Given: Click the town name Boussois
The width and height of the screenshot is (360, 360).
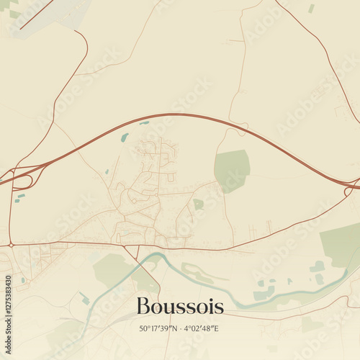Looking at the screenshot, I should tap(179, 307).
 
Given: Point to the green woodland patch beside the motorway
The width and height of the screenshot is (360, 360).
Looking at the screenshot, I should tap(232, 170).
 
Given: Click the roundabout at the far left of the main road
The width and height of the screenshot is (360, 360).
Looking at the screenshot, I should tap(11, 246).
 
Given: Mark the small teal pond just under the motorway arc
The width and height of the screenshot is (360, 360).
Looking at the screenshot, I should tap(125, 137).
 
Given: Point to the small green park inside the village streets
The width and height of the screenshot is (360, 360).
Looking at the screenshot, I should tap(198, 204).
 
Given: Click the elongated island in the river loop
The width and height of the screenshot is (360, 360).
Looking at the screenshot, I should tap(198, 272).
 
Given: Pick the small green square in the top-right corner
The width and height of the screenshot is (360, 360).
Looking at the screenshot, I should tap(311, 8).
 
